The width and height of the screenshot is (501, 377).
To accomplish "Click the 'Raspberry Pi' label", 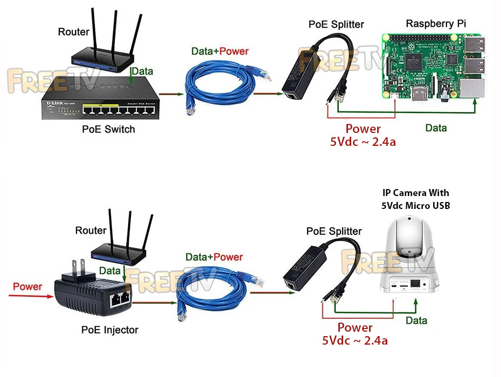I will pyautogui.click(x=436, y=24).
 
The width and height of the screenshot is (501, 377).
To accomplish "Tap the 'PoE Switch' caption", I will pyautogui.click(x=108, y=129).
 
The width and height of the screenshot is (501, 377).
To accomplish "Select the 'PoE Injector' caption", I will pyautogui.click(x=109, y=330).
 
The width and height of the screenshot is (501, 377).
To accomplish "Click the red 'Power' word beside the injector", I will pyautogui.click(x=27, y=286).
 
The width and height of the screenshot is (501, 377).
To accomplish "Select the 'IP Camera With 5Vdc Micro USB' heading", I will pyautogui.click(x=415, y=199).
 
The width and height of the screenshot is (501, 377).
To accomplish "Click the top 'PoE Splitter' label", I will pyautogui.click(x=336, y=24).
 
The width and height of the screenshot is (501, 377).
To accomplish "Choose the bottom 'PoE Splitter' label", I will pyautogui.click(x=334, y=231).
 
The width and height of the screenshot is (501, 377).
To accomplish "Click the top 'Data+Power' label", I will pyautogui.click(x=220, y=51).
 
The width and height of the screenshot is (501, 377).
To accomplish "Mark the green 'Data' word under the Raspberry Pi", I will pyautogui.click(x=436, y=128).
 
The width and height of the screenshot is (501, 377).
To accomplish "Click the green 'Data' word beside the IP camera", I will pyautogui.click(x=416, y=320).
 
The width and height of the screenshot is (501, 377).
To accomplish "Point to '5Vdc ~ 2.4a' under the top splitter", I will pyautogui.click(x=363, y=142).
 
